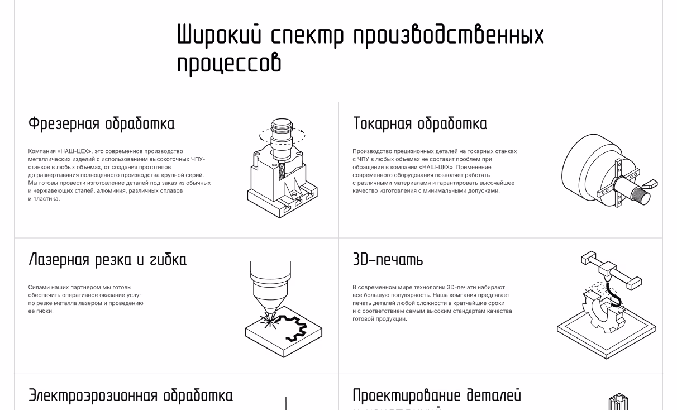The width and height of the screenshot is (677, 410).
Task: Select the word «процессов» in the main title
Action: (229, 63)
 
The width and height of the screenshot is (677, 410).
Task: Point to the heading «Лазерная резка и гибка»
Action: (107, 260)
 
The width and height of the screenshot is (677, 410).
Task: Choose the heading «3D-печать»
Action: (388, 260)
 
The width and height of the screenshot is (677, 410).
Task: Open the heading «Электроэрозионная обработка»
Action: (131, 395)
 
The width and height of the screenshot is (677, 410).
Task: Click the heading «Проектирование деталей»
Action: (437, 395)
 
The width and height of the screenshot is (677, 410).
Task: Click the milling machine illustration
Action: (278, 168)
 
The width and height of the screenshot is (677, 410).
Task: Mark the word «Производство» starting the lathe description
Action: (370, 151)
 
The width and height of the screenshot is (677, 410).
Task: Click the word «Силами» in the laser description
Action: (38, 287)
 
